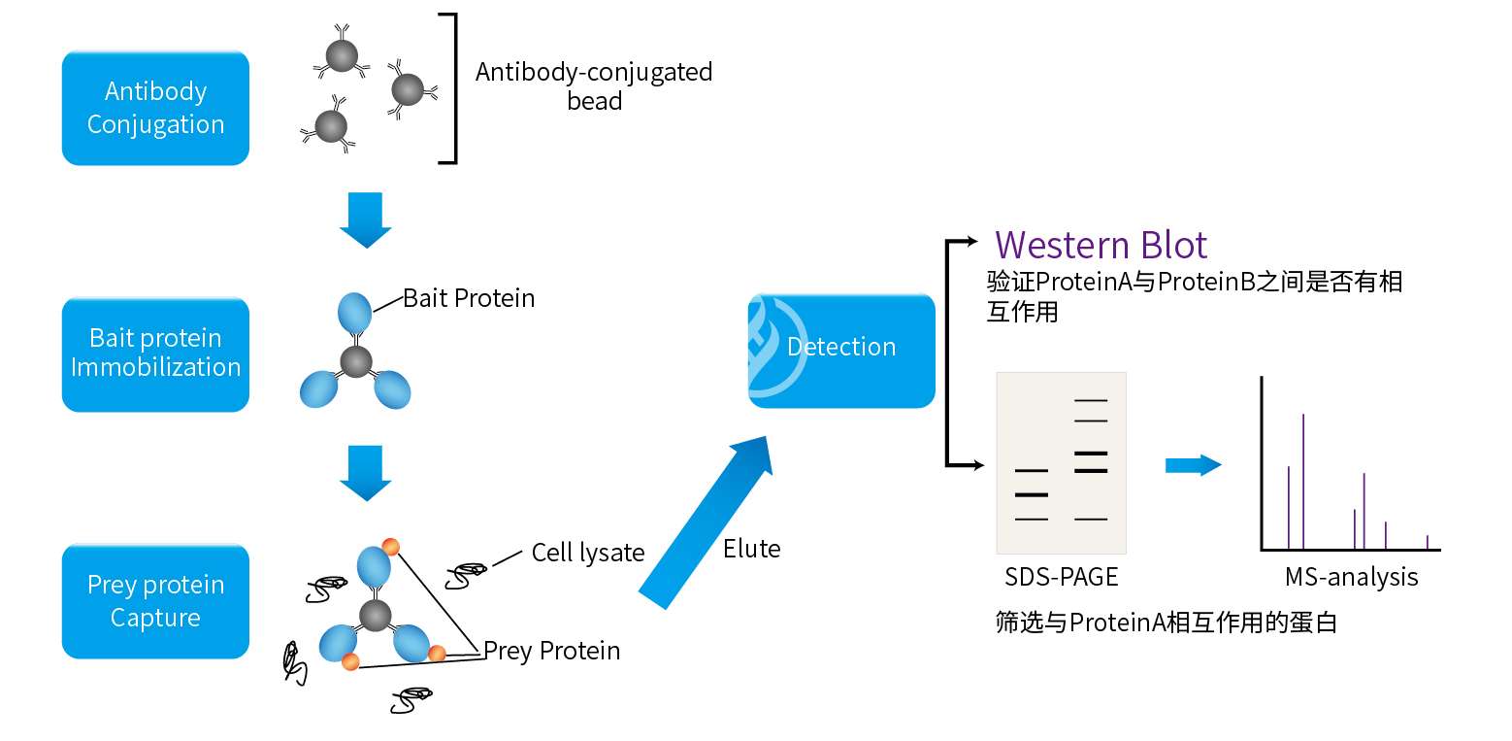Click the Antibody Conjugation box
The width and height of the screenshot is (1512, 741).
tap(155, 108)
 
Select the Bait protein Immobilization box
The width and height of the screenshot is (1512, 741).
tap(155, 354)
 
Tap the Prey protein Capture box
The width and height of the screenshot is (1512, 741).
tap(155, 601)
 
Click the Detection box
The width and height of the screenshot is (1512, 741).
tap(841, 348)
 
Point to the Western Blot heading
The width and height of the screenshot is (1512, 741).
tap(1101, 245)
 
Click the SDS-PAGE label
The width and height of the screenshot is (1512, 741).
tap(1062, 577)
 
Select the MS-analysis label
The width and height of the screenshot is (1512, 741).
tap(1351, 577)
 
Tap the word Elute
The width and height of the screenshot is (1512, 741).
tap(751, 549)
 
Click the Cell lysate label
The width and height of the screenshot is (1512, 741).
tap(588, 553)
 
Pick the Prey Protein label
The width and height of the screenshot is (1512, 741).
tap(551, 650)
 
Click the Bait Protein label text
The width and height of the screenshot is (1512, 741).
tap(469, 298)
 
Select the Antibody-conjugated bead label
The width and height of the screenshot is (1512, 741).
tap(594, 85)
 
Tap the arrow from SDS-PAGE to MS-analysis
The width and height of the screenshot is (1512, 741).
tap(1193, 465)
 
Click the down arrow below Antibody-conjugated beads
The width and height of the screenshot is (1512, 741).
tap(365, 220)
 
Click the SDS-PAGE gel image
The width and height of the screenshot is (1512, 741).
tap(1062, 462)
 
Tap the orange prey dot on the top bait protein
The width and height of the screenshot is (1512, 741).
tap(390, 547)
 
